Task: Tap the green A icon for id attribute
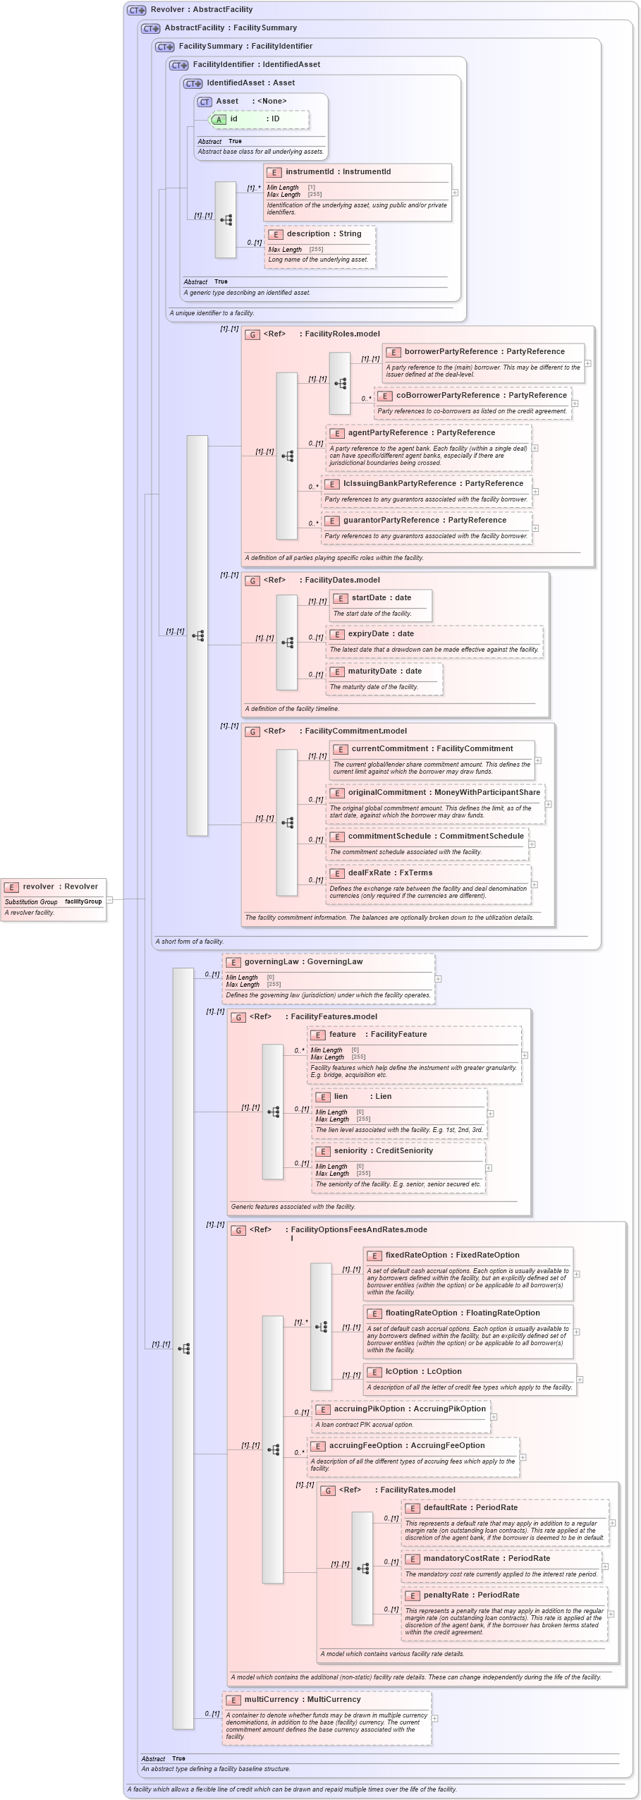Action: coord(219,119)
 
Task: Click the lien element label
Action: coord(341,1096)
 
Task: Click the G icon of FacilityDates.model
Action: coord(252,580)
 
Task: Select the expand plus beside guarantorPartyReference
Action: coord(535,528)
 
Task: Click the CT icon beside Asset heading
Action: coord(204,102)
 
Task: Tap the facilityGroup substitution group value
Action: coord(83,901)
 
